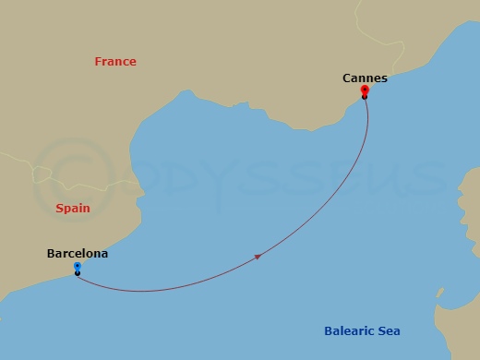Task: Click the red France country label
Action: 115,62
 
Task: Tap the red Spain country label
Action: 73,209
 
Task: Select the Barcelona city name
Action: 78,253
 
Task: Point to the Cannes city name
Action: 365,78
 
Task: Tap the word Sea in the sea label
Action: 389,331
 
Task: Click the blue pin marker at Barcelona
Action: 77,267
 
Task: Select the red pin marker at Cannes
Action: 365,90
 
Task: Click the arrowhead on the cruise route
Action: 258,257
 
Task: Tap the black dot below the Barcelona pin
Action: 77,273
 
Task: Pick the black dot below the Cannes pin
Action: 365,96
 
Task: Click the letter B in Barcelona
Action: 51,253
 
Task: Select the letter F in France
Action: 98,62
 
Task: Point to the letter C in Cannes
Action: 346,78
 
